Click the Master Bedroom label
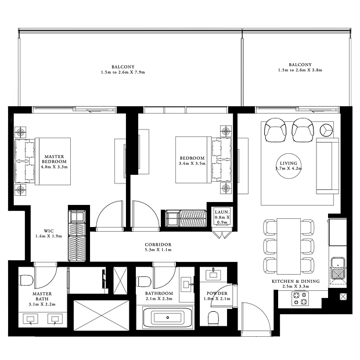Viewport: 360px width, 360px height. [x=55, y=159]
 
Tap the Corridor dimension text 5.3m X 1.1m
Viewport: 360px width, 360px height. [x=158, y=250]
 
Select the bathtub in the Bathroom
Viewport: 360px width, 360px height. [x=168, y=318]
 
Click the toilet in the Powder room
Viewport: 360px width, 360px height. [x=213, y=318]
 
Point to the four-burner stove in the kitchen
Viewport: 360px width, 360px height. [x=300, y=298]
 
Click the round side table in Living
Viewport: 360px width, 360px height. [x=326, y=130]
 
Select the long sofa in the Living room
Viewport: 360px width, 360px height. [x=327, y=166]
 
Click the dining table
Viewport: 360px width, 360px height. [x=289, y=246]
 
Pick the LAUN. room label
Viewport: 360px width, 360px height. [x=222, y=212]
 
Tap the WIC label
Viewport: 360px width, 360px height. [x=49, y=231]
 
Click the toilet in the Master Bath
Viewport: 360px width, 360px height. [x=27, y=280]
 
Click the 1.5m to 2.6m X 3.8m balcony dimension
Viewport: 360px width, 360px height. [x=300, y=70]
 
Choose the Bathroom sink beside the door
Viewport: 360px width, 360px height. [x=186, y=285]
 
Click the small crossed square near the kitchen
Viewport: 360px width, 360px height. [x=343, y=296]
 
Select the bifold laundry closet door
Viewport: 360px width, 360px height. [x=220, y=235]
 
